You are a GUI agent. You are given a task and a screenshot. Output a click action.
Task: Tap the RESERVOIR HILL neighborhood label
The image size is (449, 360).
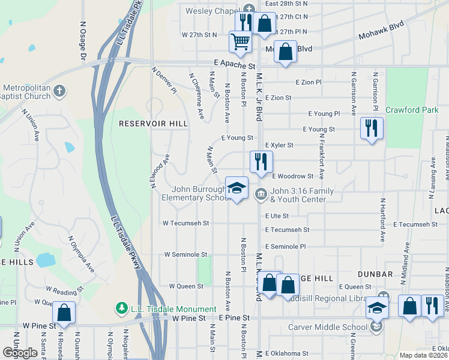click(153, 124)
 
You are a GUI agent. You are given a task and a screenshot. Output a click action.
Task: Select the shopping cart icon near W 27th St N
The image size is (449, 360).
click(240, 41)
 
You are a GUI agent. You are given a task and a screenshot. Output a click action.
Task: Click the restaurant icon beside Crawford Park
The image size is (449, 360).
click(372, 128)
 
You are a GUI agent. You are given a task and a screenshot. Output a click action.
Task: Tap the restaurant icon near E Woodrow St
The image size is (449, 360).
click(261, 161)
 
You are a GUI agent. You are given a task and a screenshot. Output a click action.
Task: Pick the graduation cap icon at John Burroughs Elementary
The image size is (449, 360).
click(237, 187)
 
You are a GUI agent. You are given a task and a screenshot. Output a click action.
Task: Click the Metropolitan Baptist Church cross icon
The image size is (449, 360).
click(59, 91)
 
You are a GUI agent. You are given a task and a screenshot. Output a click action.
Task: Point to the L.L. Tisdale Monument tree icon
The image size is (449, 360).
click(121, 308)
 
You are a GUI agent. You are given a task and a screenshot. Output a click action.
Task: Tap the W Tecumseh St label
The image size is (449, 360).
click(185, 223)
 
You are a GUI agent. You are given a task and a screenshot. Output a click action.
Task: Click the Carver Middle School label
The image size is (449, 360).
click(327, 327)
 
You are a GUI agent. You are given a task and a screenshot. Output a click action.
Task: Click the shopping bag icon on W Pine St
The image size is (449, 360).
click(64, 312)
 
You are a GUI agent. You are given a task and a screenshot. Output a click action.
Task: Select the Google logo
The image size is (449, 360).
click(19, 353)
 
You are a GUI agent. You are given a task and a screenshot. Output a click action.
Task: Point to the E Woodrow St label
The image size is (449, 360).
click(292, 176)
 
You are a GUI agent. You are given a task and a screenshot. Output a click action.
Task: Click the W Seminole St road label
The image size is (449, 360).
click(186, 254)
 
